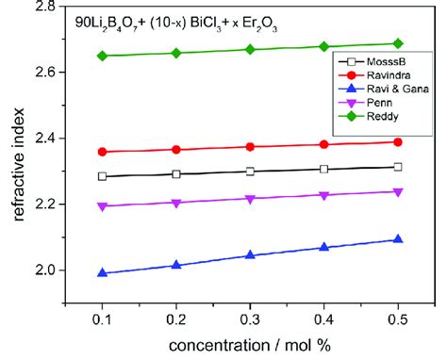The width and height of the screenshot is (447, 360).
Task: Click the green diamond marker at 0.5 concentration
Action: point(398,43)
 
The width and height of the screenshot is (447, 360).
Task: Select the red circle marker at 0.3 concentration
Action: point(250,147)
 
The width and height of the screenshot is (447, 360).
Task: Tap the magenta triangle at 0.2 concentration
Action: point(175,203)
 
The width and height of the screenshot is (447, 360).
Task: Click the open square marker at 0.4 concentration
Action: point(323,169)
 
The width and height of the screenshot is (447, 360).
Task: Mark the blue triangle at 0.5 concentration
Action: point(398,239)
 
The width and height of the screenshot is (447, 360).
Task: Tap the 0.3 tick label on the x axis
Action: point(250,321)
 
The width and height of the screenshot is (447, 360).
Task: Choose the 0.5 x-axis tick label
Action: point(398,321)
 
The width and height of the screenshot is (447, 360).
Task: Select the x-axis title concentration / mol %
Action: point(249,346)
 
